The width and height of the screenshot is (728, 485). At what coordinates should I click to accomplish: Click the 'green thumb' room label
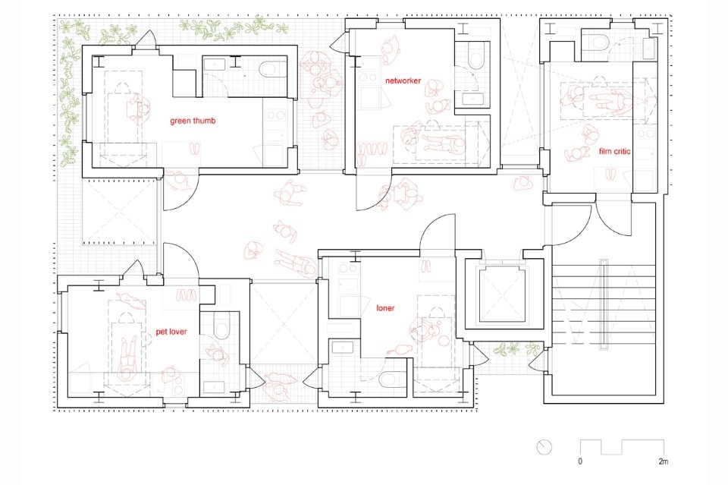click(x=193, y=121)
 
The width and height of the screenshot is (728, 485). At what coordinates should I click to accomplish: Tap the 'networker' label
click(x=403, y=80)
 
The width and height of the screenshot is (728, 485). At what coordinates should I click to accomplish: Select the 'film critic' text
click(x=614, y=151)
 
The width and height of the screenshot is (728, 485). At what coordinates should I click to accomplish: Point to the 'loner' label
click(x=385, y=308)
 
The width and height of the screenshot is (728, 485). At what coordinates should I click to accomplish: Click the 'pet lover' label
click(x=171, y=332)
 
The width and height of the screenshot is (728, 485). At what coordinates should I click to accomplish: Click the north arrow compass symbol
click(x=544, y=447)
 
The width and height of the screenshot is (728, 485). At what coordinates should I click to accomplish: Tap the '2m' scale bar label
click(x=664, y=461)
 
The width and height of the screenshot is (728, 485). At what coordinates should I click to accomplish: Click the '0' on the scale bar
click(x=580, y=461)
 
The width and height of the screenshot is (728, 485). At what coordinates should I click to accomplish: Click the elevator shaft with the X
click(x=504, y=294)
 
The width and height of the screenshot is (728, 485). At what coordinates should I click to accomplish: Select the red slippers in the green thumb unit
click(x=195, y=149)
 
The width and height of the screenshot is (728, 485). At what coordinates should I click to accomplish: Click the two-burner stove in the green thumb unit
click(x=275, y=115)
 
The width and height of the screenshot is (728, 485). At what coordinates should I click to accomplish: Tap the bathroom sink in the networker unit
click(x=472, y=99)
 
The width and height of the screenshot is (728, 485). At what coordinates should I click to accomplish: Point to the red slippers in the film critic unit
click(x=610, y=175)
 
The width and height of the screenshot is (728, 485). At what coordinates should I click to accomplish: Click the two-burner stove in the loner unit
click(x=348, y=269)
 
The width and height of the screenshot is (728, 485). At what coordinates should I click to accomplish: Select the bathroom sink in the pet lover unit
click(x=214, y=386)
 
